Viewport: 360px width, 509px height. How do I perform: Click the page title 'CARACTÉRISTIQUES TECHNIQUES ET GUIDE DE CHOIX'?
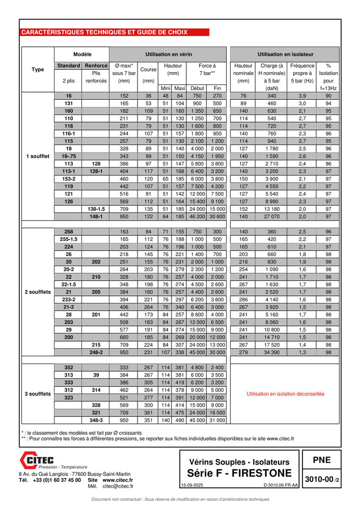pos(104,33)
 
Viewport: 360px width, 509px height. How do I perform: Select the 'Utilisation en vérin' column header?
pos(169,53)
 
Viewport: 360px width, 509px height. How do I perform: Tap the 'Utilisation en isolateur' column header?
pos(285,53)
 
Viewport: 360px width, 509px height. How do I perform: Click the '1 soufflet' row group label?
pos(38,156)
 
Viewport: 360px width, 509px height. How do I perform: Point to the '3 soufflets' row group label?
pos(38,394)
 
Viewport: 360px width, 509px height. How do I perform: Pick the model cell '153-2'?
pos(69,179)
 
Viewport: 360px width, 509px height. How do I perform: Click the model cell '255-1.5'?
pos(69,239)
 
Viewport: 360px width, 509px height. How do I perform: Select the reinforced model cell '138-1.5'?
pos(96,209)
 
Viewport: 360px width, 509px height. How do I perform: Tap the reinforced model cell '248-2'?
pos(96,352)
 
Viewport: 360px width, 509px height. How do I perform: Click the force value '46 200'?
pos(197,217)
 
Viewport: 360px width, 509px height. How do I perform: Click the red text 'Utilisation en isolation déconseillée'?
pos(285,394)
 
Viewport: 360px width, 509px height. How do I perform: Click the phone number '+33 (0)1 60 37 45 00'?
pos(57,480)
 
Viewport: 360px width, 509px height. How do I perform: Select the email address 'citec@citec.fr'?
pos(118,486)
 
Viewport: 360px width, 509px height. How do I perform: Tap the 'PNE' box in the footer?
pos(321,460)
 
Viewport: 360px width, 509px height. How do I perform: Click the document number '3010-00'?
pos(318,479)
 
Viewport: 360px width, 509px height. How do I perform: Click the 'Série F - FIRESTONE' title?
pos(239,473)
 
